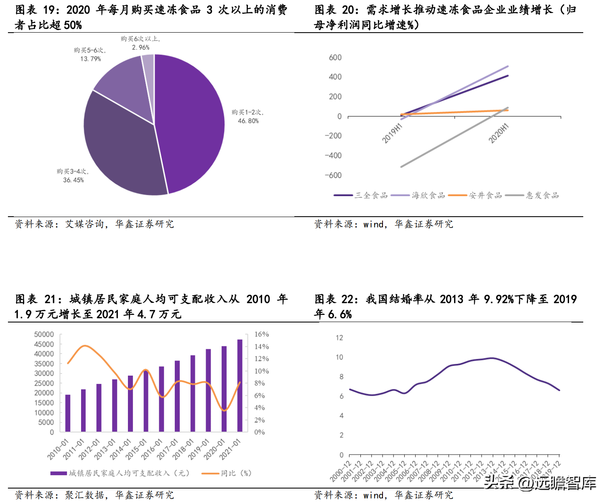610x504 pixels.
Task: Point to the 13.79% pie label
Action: [x=90, y=55]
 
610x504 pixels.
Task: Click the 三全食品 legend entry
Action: [x=361, y=195]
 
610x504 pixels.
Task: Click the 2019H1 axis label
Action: [x=392, y=133]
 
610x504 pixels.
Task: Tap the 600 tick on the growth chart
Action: [x=335, y=57]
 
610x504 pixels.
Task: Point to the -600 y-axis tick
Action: [x=333, y=175]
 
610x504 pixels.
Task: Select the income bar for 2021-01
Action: [x=240, y=385]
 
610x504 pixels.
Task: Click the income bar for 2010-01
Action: [x=68, y=413]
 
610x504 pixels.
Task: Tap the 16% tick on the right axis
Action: [x=261, y=334]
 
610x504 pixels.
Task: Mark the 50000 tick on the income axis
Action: [x=44, y=334]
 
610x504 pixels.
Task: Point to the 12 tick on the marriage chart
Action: [x=339, y=338]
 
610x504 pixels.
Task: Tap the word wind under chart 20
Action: [x=373, y=225]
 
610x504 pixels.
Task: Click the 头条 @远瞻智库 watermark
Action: [x=540, y=483]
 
